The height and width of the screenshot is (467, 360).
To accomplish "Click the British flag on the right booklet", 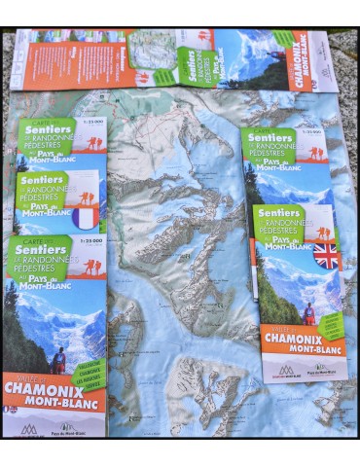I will pos(325,255).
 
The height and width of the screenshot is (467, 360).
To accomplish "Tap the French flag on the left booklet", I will pos(88,216).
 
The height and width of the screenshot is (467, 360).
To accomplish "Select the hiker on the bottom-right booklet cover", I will pos(309,314).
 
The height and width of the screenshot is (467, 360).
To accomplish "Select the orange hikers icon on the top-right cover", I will pos(315,153).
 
